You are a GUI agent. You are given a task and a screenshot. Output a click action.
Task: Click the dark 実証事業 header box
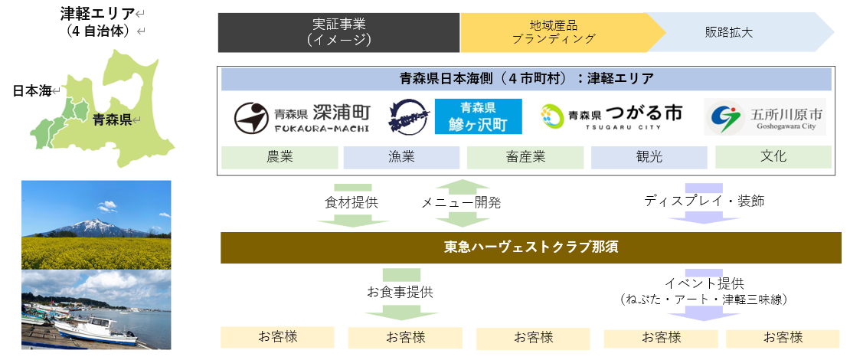[338, 33]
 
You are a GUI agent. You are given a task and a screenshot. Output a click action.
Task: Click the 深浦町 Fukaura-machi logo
[302, 117]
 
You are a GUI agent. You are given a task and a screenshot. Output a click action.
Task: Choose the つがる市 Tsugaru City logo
[610, 117]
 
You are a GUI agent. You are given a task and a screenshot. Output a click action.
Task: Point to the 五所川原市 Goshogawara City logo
[766, 118]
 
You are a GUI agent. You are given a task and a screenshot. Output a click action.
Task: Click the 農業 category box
[280, 157]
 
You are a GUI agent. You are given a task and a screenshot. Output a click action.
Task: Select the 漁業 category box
[401, 157]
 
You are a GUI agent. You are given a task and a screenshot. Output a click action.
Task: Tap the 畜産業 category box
[525, 157]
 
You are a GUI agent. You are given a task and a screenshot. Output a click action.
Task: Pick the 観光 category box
[649, 157]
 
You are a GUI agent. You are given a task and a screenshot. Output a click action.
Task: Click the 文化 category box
[773, 156]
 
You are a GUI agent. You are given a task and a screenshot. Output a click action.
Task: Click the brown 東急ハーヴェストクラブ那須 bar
[531, 247]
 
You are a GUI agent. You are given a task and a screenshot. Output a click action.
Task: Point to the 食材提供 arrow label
[351, 203]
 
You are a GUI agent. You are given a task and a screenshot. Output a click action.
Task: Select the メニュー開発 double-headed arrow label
[461, 203]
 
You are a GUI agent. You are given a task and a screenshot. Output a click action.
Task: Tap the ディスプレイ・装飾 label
[704, 201]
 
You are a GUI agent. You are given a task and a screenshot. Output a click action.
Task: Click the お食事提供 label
[400, 292]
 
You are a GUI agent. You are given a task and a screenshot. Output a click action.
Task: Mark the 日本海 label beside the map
[32, 91]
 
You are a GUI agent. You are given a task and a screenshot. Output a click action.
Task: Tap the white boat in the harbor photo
[95, 325]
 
